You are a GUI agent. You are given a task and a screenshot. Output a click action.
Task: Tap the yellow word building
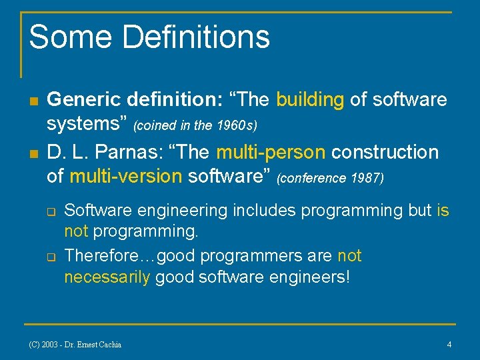coord(310,100)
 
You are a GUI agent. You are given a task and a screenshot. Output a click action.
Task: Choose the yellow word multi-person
coord(271,153)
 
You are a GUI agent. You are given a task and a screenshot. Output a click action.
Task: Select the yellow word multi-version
coord(125,176)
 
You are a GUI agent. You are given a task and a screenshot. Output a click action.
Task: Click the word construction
coord(385,153)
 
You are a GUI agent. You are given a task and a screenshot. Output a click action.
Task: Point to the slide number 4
coord(449,345)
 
